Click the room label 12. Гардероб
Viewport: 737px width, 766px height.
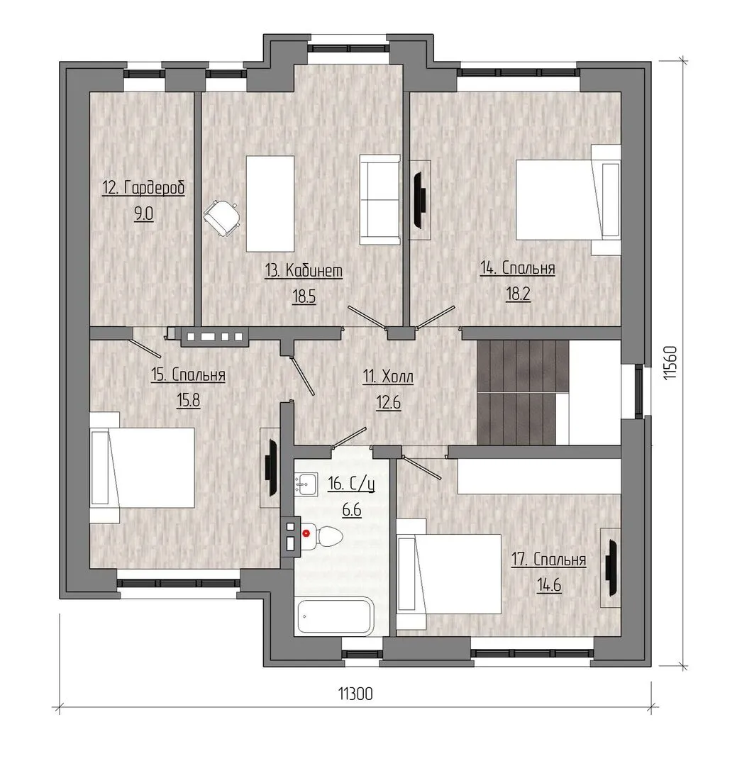tap(144, 187)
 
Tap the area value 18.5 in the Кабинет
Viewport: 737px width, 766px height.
tap(304, 296)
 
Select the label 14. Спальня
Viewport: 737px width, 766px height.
tap(518, 268)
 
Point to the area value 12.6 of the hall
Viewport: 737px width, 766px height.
tap(389, 403)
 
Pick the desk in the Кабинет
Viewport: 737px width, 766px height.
tap(270, 204)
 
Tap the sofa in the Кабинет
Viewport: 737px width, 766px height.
tap(380, 199)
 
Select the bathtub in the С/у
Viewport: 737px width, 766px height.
tap(336, 616)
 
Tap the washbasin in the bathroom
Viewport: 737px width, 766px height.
tap(306, 484)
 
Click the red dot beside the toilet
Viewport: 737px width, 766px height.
tap(306, 533)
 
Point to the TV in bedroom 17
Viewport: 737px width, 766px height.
tap(611, 567)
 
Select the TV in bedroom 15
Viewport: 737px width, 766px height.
tap(271, 467)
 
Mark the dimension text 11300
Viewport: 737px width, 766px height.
tap(355, 694)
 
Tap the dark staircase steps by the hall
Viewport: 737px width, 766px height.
tap(523, 392)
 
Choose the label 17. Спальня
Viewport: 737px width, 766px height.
tap(548, 560)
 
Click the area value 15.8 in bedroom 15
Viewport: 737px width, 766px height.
tap(188, 401)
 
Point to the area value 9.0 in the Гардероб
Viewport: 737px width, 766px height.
tap(144, 214)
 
